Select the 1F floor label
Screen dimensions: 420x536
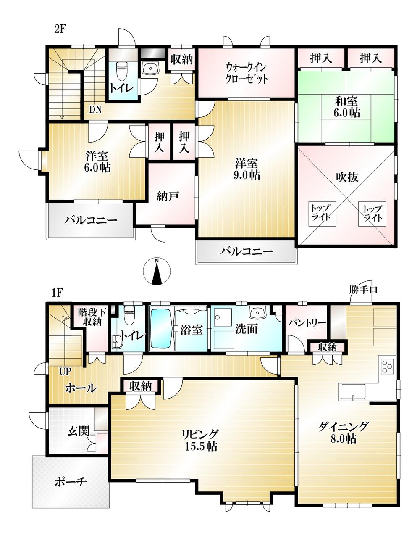pos(58,293)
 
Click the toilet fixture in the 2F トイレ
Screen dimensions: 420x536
pos(121,71)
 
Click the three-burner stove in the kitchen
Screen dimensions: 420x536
pos(388,366)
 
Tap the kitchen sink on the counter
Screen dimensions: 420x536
pos(353,392)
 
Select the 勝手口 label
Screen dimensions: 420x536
pos(363,289)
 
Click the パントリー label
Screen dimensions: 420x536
pos(307,322)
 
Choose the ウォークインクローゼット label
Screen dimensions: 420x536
pos(247,73)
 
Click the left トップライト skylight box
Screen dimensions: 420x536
pos(323,214)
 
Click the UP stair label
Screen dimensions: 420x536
pos(65,372)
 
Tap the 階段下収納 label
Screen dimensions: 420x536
pos(92,317)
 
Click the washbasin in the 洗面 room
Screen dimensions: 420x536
pos(257,313)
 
